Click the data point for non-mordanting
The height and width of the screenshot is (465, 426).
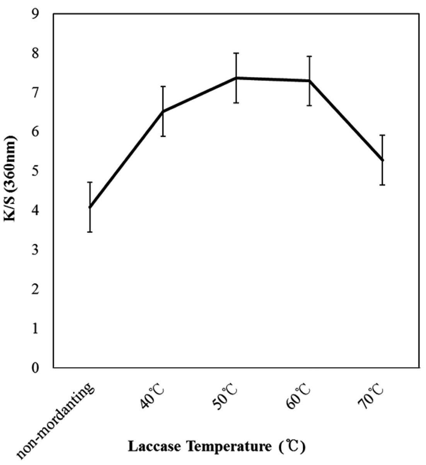pos(90,207)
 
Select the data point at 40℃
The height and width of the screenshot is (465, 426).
pos(163,112)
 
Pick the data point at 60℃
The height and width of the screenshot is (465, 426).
pos(309,81)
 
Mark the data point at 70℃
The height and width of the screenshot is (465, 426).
pos(382,160)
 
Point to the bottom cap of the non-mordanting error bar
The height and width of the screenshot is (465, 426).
pos(90,232)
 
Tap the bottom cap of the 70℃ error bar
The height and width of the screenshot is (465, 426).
pos(382,185)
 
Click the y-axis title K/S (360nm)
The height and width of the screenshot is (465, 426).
pos(10,179)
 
